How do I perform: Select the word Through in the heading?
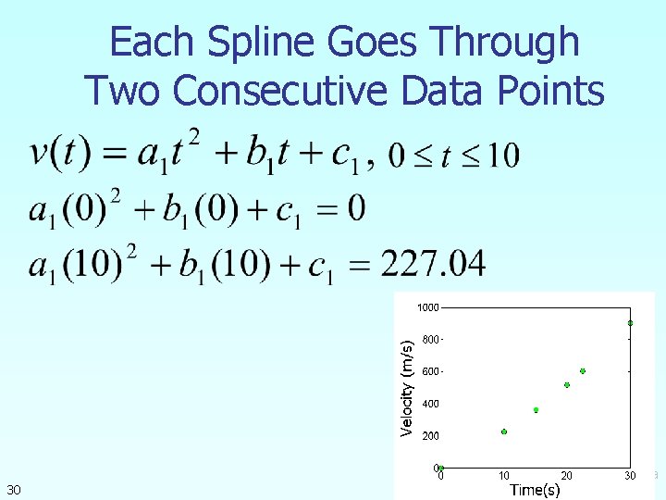click(506, 44)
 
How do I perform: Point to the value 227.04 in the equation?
click(434, 264)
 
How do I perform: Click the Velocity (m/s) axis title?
click(406, 387)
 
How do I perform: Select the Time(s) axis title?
click(535, 490)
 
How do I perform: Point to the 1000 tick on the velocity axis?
click(427, 306)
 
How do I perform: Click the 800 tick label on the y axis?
click(431, 340)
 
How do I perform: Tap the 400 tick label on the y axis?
click(431, 404)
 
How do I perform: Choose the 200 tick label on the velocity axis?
click(431, 435)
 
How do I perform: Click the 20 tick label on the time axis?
click(567, 476)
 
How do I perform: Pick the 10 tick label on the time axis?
click(504, 476)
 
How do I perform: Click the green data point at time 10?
click(504, 431)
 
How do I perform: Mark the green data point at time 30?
click(630, 323)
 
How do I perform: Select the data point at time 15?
click(536, 410)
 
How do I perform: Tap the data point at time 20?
click(567, 385)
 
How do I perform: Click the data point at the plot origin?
click(441, 468)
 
